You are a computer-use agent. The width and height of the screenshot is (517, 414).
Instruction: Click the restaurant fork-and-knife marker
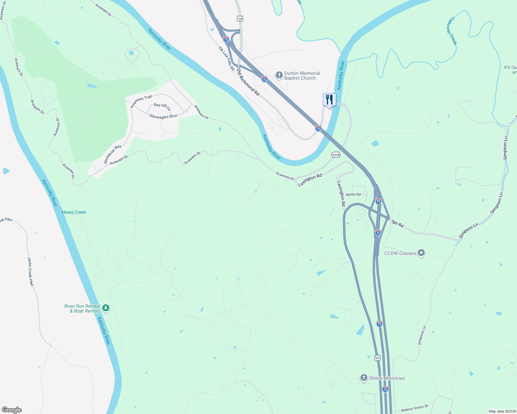(329, 100)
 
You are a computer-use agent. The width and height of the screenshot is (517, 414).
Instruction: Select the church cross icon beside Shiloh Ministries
(364, 378)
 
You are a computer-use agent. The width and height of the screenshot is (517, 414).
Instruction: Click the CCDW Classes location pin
(421, 253)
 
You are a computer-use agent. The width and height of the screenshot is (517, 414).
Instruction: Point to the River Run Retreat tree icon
(106, 308)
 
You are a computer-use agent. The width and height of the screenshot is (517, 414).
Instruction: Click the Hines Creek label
(74, 212)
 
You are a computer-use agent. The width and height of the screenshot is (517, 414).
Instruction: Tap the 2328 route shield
(336, 155)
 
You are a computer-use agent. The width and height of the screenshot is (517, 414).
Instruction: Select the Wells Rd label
(353, 195)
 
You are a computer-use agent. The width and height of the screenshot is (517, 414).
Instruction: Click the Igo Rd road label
(398, 224)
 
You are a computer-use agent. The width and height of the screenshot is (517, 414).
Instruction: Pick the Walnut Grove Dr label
(414, 408)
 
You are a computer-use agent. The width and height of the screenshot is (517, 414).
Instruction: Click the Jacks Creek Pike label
(31, 271)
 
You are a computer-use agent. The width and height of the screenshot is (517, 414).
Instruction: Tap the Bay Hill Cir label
(162, 107)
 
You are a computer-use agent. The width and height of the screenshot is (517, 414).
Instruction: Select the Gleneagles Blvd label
(163, 117)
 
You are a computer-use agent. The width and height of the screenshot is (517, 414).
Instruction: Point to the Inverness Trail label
(141, 101)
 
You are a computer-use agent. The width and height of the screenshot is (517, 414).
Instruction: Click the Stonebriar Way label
(113, 154)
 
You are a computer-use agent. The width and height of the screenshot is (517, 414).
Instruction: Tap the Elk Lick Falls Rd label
(226, 59)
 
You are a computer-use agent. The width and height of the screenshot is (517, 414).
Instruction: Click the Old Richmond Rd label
(248, 82)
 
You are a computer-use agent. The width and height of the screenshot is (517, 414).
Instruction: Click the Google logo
(12, 410)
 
